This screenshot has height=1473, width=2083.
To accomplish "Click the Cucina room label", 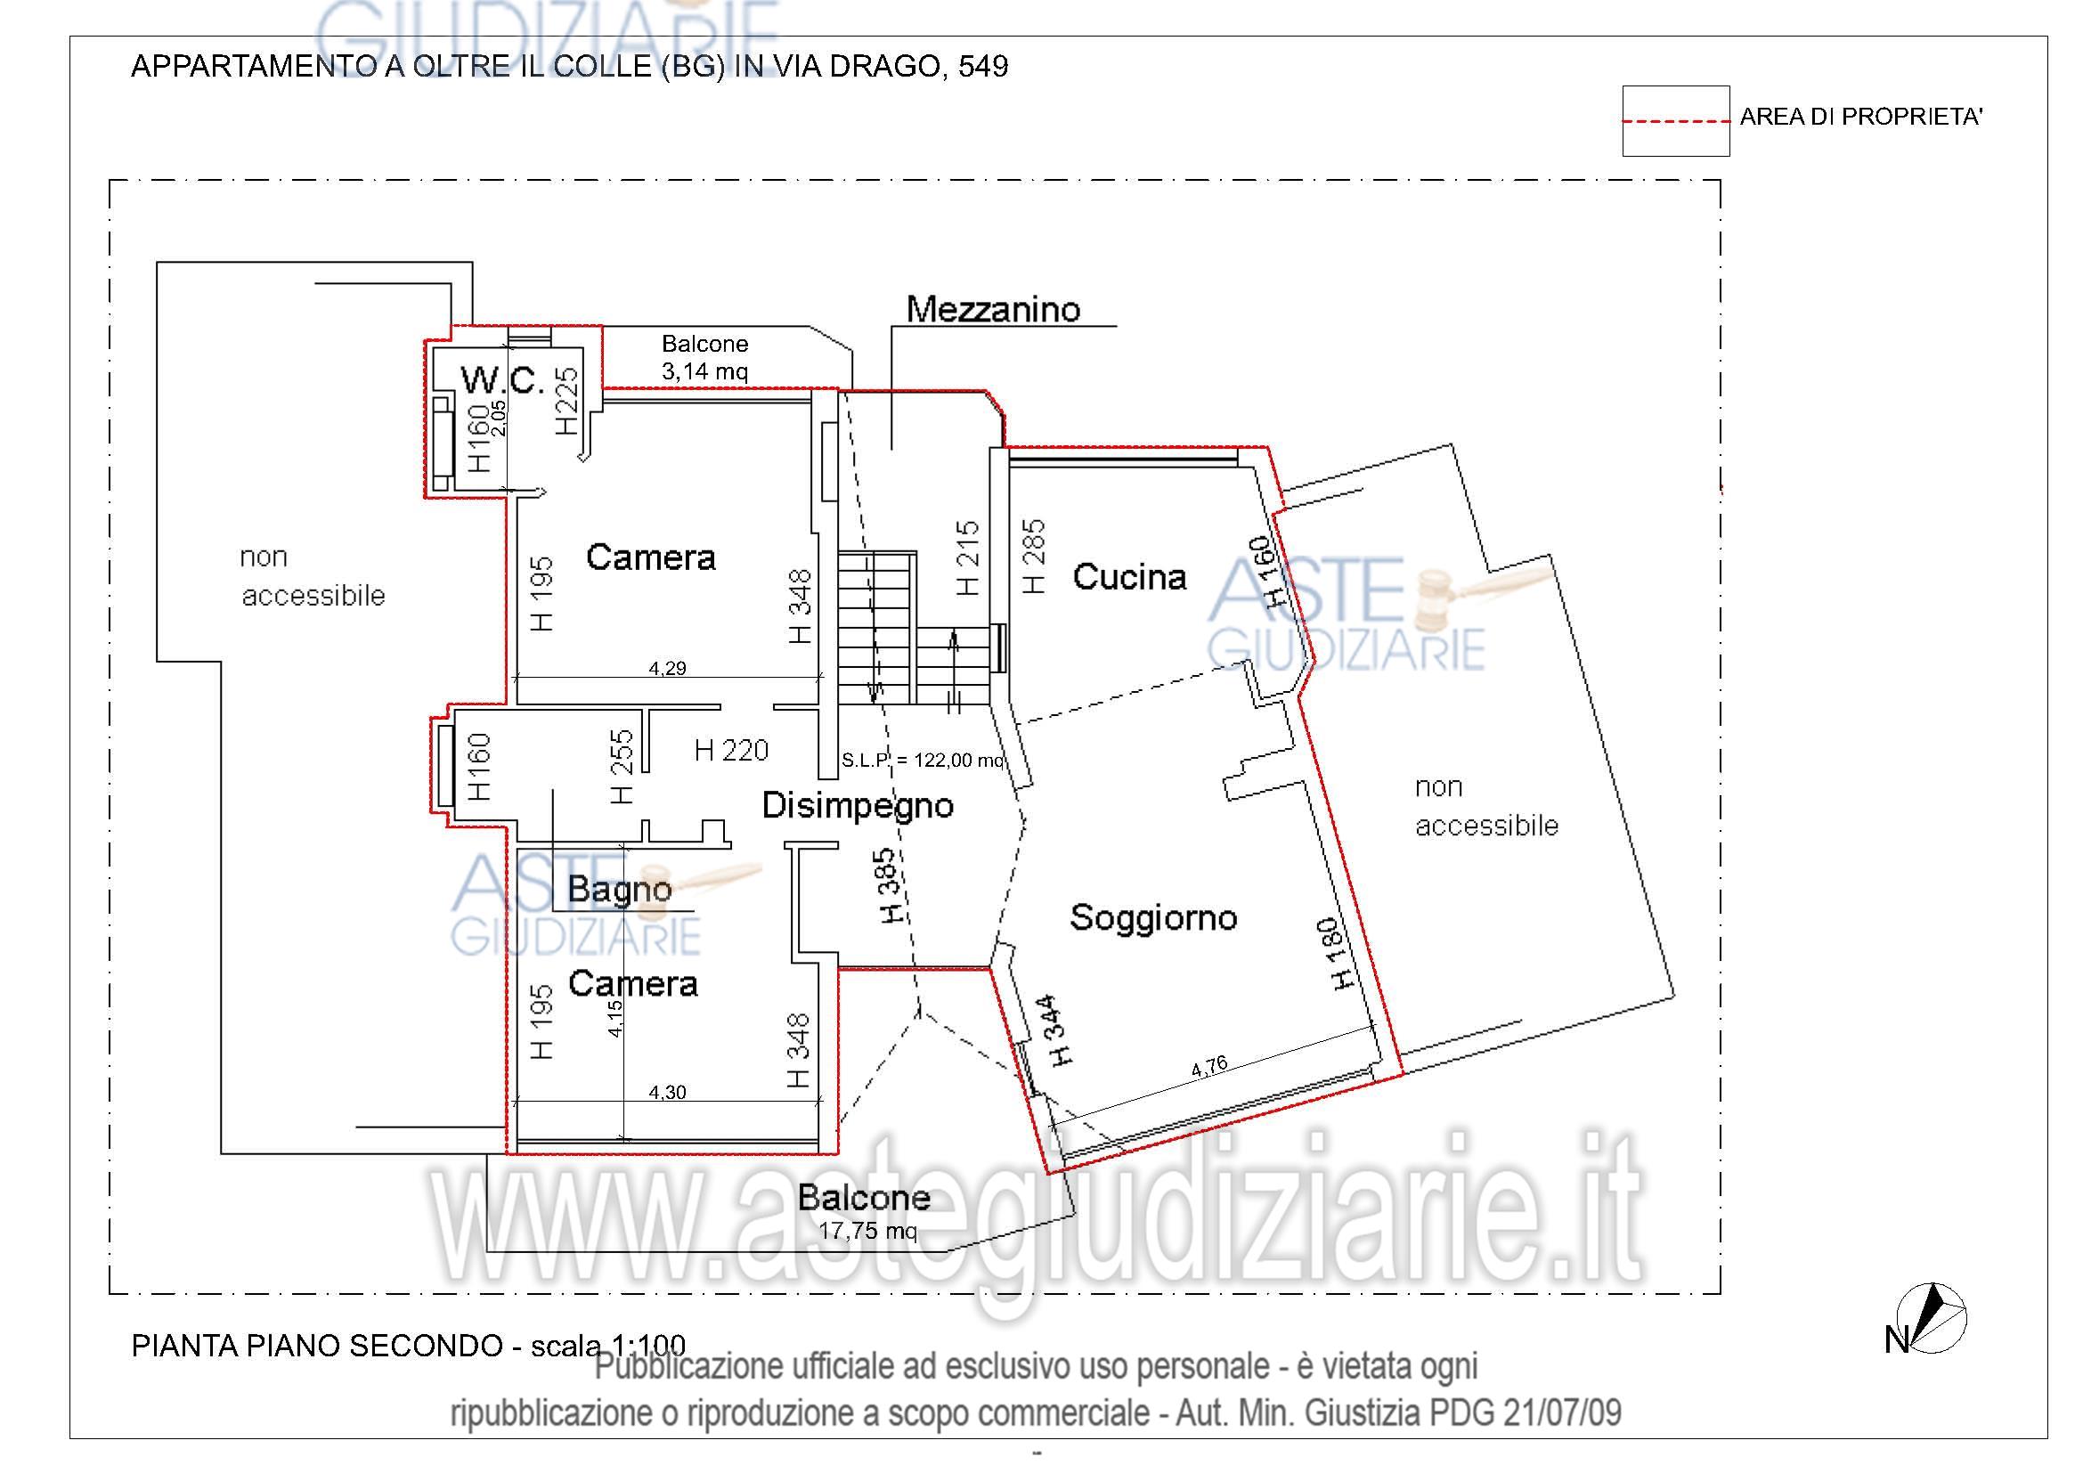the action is click(x=1129, y=577).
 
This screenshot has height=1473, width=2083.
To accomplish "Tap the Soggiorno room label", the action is click(x=1153, y=918).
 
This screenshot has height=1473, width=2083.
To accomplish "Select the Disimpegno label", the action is click(x=858, y=805).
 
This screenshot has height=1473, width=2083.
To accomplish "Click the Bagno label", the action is click(x=620, y=889).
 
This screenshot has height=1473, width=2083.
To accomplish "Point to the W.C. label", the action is click(x=502, y=379).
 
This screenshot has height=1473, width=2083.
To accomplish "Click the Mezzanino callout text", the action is click(x=994, y=309).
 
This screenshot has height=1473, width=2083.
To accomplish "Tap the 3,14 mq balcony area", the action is click(x=705, y=371).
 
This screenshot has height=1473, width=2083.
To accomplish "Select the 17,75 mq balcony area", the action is click(x=867, y=1231).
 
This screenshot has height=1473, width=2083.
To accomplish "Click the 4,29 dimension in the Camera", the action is click(x=668, y=669).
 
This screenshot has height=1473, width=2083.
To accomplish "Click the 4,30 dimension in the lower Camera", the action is click(x=668, y=1092).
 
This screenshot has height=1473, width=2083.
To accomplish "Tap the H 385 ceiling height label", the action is click(x=890, y=886).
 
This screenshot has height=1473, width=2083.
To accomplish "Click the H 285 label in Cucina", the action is click(x=1033, y=556).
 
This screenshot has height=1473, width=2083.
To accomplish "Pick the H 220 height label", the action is click(x=731, y=750).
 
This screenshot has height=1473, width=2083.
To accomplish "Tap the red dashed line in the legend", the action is click(x=1676, y=120).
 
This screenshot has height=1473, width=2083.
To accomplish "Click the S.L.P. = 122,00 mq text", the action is click(x=923, y=760).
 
